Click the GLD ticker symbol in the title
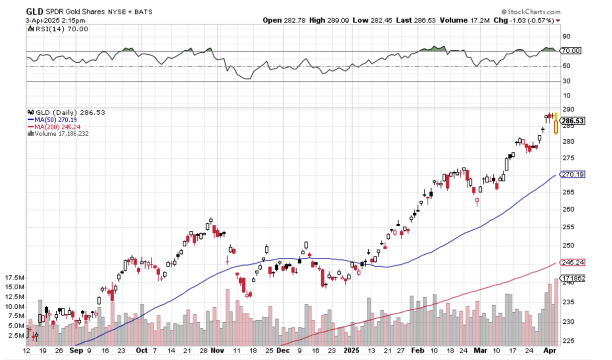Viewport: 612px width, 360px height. (34, 11)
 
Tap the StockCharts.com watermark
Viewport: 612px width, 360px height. (534, 11)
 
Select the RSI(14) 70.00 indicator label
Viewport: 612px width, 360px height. (59, 29)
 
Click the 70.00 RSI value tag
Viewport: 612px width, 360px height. (571, 51)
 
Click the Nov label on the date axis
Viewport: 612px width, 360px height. (218, 350)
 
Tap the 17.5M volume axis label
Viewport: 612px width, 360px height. (15, 278)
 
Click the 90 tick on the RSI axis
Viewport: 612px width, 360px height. (566, 36)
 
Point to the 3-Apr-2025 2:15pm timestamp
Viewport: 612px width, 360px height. (56, 20)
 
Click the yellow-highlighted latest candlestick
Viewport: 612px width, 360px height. (556, 124)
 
